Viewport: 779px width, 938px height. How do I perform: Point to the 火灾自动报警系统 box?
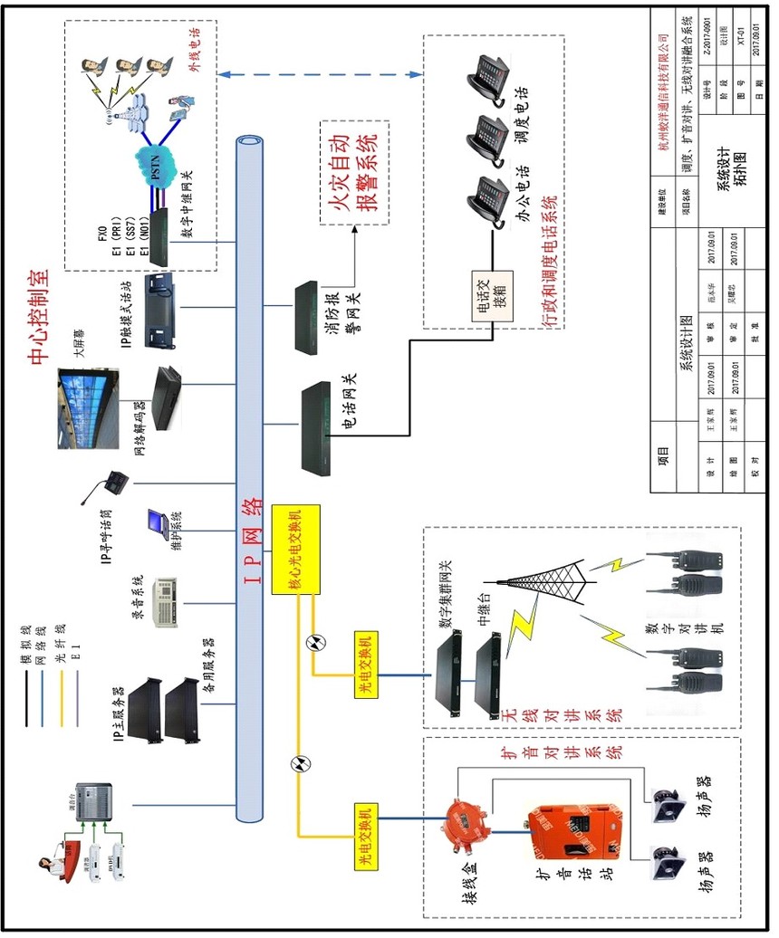pyautogui.click(x=352, y=173)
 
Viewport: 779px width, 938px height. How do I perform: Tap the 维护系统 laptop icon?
pyautogui.click(x=157, y=522)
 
